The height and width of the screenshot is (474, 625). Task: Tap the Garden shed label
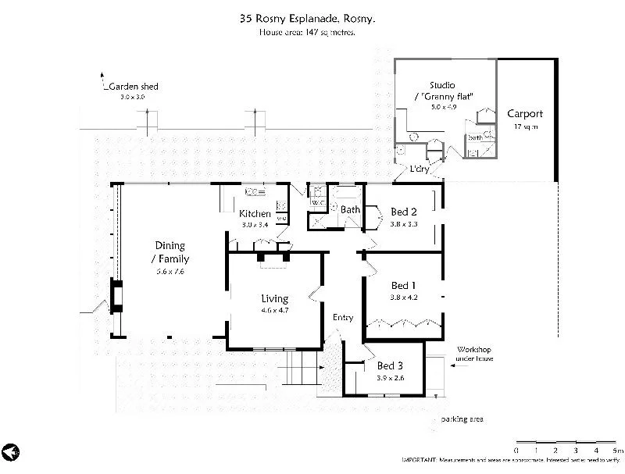click(134, 86)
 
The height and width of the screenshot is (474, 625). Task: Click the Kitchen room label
click(255, 214)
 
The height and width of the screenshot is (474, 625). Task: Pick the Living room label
click(274, 298)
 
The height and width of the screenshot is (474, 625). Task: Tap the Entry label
click(343, 317)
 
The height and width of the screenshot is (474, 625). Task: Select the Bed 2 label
click(404, 212)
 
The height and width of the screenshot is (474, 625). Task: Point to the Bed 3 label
click(390, 365)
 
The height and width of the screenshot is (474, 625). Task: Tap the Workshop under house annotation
click(473, 355)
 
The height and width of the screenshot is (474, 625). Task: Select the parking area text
click(462, 419)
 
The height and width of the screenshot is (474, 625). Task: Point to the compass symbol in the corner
click(10, 452)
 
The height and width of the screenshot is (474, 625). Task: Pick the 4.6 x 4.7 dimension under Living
click(274, 311)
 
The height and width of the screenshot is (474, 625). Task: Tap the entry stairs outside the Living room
click(301, 366)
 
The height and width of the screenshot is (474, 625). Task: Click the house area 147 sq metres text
click(308, 33)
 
